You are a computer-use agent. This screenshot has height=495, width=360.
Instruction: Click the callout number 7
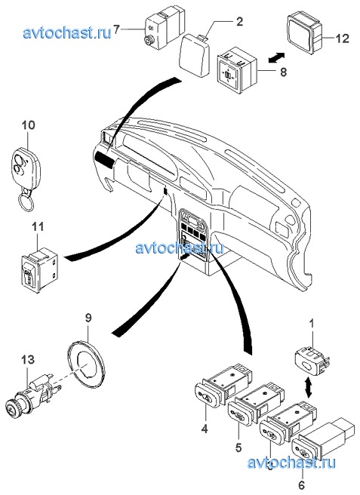116,30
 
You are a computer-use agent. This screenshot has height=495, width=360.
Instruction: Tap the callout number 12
342,38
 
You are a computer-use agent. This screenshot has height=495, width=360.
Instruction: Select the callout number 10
28,125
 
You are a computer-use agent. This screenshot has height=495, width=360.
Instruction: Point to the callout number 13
28,360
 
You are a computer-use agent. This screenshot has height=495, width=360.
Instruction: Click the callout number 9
88,318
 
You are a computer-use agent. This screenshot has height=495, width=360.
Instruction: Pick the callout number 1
312,324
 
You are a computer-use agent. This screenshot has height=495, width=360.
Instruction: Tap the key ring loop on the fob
26,201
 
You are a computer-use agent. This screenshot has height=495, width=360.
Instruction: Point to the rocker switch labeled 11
40,268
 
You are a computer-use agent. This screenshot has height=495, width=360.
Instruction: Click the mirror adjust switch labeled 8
237,69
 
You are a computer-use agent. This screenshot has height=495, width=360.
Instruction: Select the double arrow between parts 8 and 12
276,58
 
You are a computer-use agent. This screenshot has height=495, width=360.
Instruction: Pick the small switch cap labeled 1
312,360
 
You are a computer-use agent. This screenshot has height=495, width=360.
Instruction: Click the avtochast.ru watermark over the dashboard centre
180,247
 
